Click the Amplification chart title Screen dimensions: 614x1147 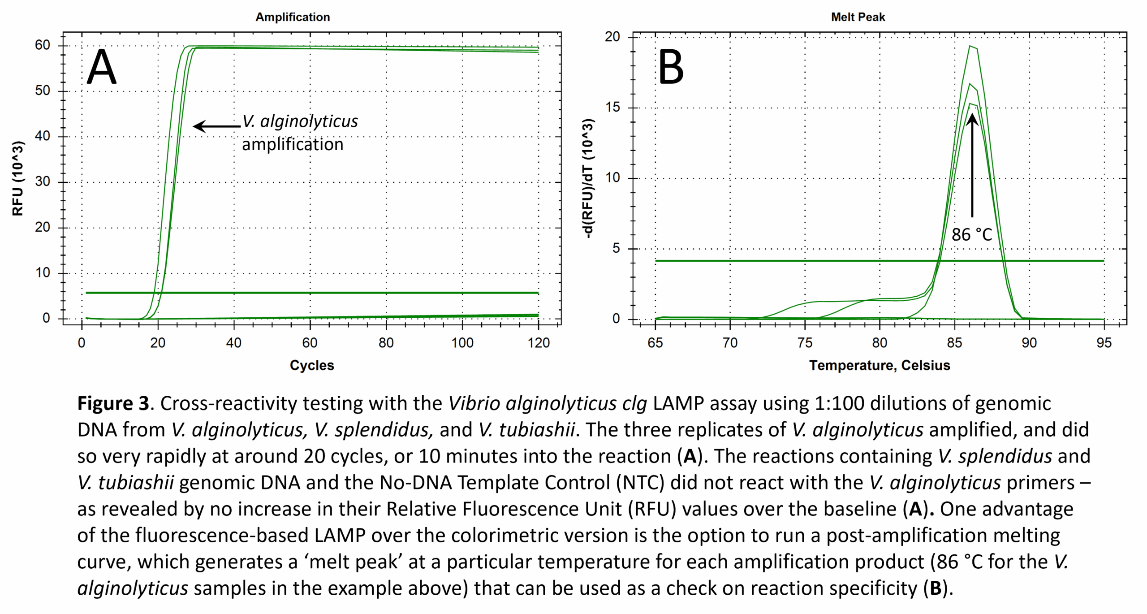[293, 17]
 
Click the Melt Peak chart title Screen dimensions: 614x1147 [858, 17]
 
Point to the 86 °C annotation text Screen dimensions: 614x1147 [971, 235]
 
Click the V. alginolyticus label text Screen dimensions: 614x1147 [300, 121]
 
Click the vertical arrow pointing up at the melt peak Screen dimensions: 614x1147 [972, 166]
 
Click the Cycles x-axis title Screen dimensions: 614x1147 [312, 365]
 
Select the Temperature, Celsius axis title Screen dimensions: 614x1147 [880, 365]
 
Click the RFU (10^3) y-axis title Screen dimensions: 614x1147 [18, 178]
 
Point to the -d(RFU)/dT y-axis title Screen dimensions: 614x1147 [589, 178]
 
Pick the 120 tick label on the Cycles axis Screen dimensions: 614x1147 [538, 343]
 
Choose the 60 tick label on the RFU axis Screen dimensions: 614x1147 [43, 45]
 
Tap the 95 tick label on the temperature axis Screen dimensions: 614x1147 [1104, 343]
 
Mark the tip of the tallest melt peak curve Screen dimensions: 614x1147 [970, 46]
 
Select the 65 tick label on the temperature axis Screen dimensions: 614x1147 [655, 343]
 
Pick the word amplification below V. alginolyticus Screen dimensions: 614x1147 [293, 145]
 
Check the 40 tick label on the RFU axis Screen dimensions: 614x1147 [43, 136]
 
